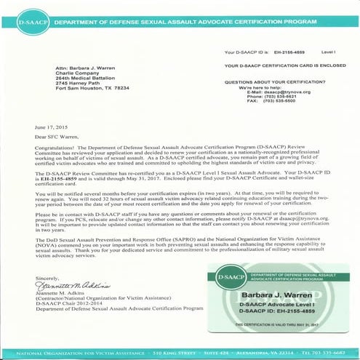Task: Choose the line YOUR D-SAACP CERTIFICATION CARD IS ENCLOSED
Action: (286, 66)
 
